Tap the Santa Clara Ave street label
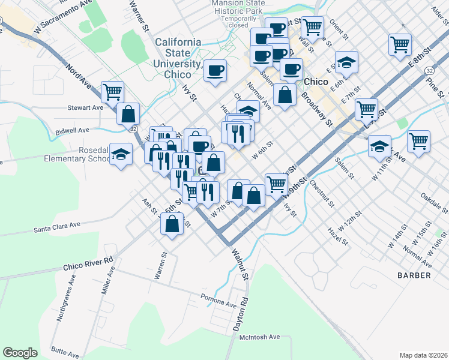pyautogui.click(x=57, y=227)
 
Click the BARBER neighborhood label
pyautogui.click(x=414, y=275)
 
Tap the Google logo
pyautogui.click(x=20, y=353)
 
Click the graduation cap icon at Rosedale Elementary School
pyautogui.click(x=121, y=154)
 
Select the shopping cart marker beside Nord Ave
pyautogui.click(x=112, y=92)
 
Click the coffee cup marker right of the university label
pyautogui.click(x=215, y=70)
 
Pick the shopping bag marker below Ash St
pyautogui.click(x=172, y=224)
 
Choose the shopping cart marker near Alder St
pyautogui.click(x=400, y=44)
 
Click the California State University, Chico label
pyautogui.click(x=178, y=58)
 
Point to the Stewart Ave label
pyautogui.click(x=86, y=108)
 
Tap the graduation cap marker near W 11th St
pyautogui.click(x=379, y=145)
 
